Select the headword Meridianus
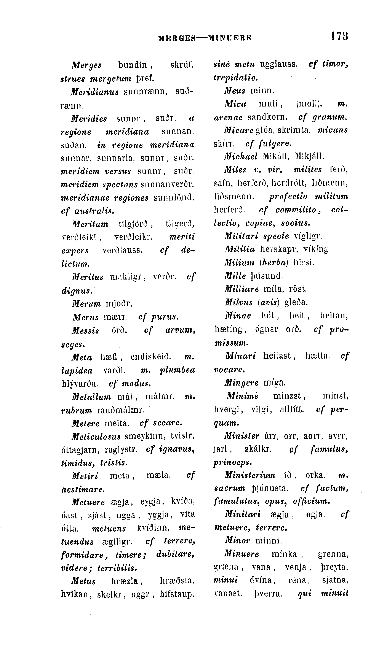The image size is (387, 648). (x=95, y=92)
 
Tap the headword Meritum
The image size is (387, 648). (x=90, y=224)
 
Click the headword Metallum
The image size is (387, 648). (x=91, y=397)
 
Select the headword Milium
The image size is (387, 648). (x=239, y=262)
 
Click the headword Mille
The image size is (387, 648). (x=235, y=276)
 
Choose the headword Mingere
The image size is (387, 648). (x=241, y=383)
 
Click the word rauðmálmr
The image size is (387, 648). (x=120, y=410)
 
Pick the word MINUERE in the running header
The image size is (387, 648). (x=230, y=38)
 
